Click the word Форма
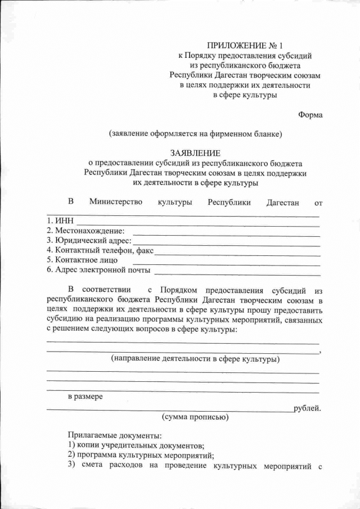point(310,115)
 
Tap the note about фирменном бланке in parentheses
point(195,133)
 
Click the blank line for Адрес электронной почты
point(236,273)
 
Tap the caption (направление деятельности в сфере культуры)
point(195,358)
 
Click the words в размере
point(85,397)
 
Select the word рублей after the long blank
point(307,408)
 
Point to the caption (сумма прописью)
point(195,417)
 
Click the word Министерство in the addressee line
point(115,202)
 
